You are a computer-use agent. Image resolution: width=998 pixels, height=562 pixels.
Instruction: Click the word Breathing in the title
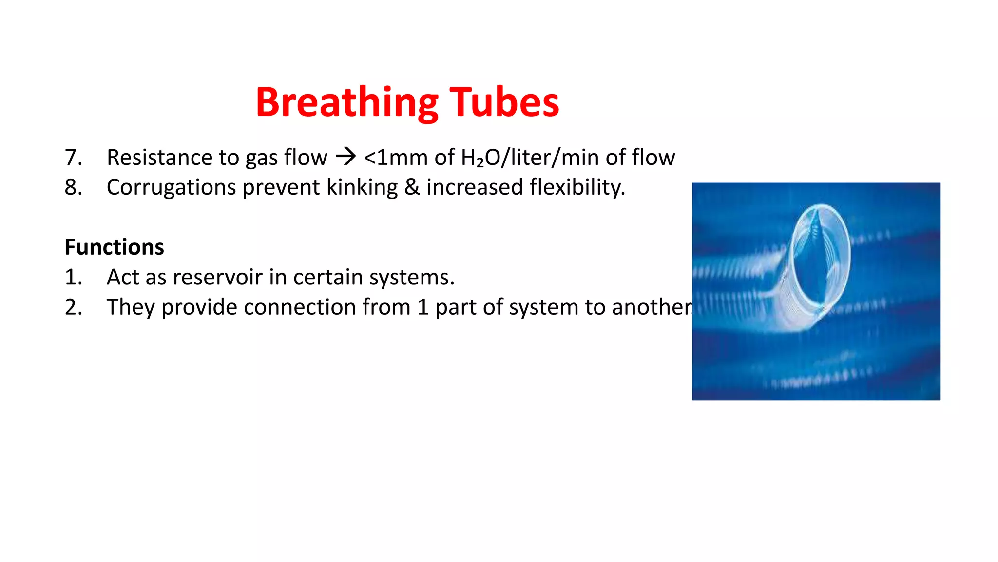click(x=346, y=103)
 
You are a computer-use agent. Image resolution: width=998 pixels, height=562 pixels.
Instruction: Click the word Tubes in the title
click(x=504, y=103)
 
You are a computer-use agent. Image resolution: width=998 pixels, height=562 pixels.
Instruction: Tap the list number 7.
click(x=73, y=158)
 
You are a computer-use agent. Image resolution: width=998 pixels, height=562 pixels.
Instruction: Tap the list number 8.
click(x=73, y=187)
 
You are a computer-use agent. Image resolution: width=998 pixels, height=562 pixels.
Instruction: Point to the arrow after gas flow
click(x=345, y=157)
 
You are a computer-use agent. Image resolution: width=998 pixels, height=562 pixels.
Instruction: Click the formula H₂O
click(x=480, y=158)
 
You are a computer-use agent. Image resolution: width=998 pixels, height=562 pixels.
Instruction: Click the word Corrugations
click(x=171, y=187)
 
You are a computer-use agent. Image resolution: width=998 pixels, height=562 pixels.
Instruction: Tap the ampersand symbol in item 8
click(x=412, y=187)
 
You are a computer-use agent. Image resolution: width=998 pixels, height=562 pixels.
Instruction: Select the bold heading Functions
click(x=114, y=247)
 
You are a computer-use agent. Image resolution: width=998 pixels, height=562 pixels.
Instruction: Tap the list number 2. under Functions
click(x=73, y=307)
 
